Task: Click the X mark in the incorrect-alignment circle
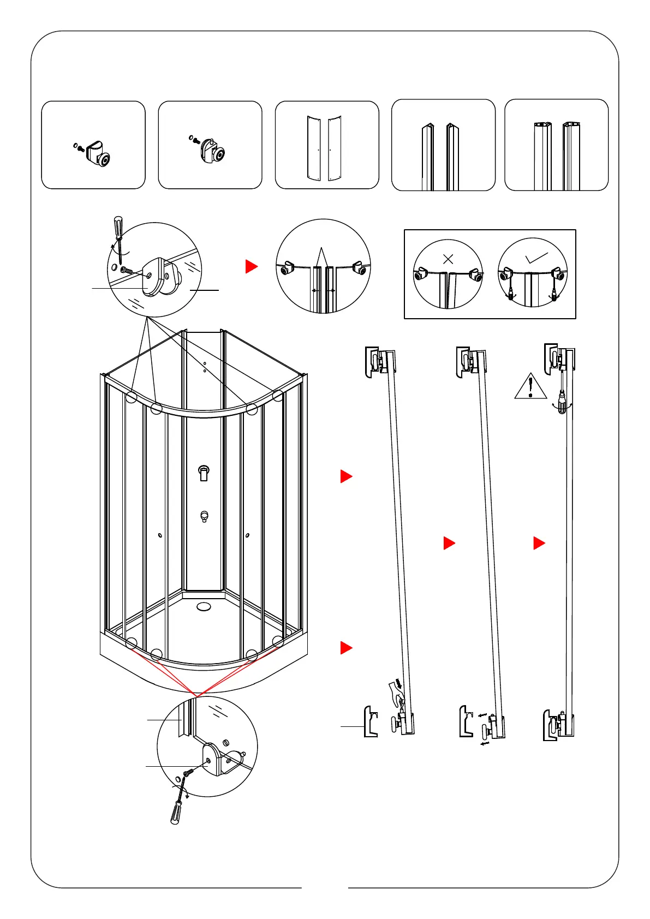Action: point(448,259)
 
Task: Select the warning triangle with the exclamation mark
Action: point(530,386)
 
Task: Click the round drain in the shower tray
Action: point(204,606)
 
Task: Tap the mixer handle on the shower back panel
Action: point(204,473)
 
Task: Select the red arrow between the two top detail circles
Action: point(251,266)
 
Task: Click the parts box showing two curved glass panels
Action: point(326,145)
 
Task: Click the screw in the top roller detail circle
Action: point(127,270)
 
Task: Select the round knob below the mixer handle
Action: point(204,516)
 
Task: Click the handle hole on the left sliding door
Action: point(159,536)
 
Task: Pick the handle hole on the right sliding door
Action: point(248,536)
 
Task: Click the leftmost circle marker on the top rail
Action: point(131,397)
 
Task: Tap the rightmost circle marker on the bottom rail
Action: point(278,641)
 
